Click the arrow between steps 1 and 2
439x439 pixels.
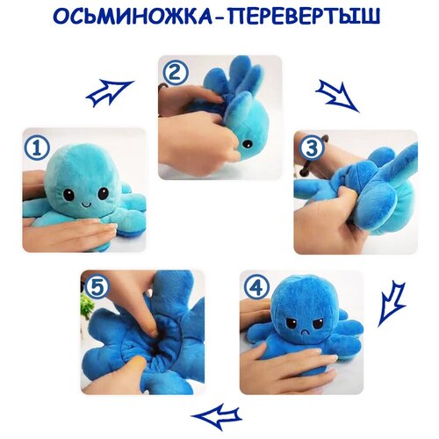tap(110, 91)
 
